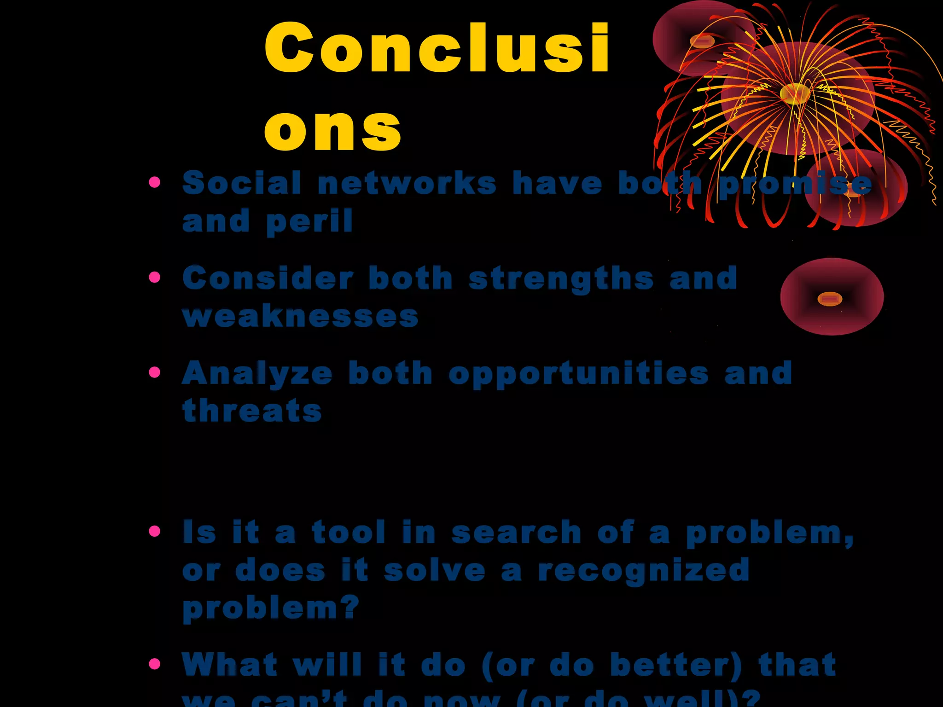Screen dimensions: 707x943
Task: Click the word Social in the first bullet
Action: (242, 183)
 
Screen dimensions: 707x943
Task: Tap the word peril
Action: (309, 222)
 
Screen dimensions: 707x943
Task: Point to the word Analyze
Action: (257, 373)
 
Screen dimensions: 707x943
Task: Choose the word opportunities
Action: (578, 374)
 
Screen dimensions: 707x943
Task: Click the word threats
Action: (252, 411)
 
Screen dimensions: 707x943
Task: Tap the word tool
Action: (349, 533)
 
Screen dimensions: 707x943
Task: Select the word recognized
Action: (644, 571)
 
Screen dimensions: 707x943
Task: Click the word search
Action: (516, 533)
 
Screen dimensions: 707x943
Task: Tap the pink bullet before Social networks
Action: (155, 182)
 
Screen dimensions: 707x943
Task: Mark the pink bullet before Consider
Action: (155, 277)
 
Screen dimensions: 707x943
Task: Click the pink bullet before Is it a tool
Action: (155, 532)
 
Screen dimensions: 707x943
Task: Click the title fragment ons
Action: (333, 130)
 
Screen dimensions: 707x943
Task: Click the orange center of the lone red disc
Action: (829, 299)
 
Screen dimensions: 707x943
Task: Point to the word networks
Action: (407, 183)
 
